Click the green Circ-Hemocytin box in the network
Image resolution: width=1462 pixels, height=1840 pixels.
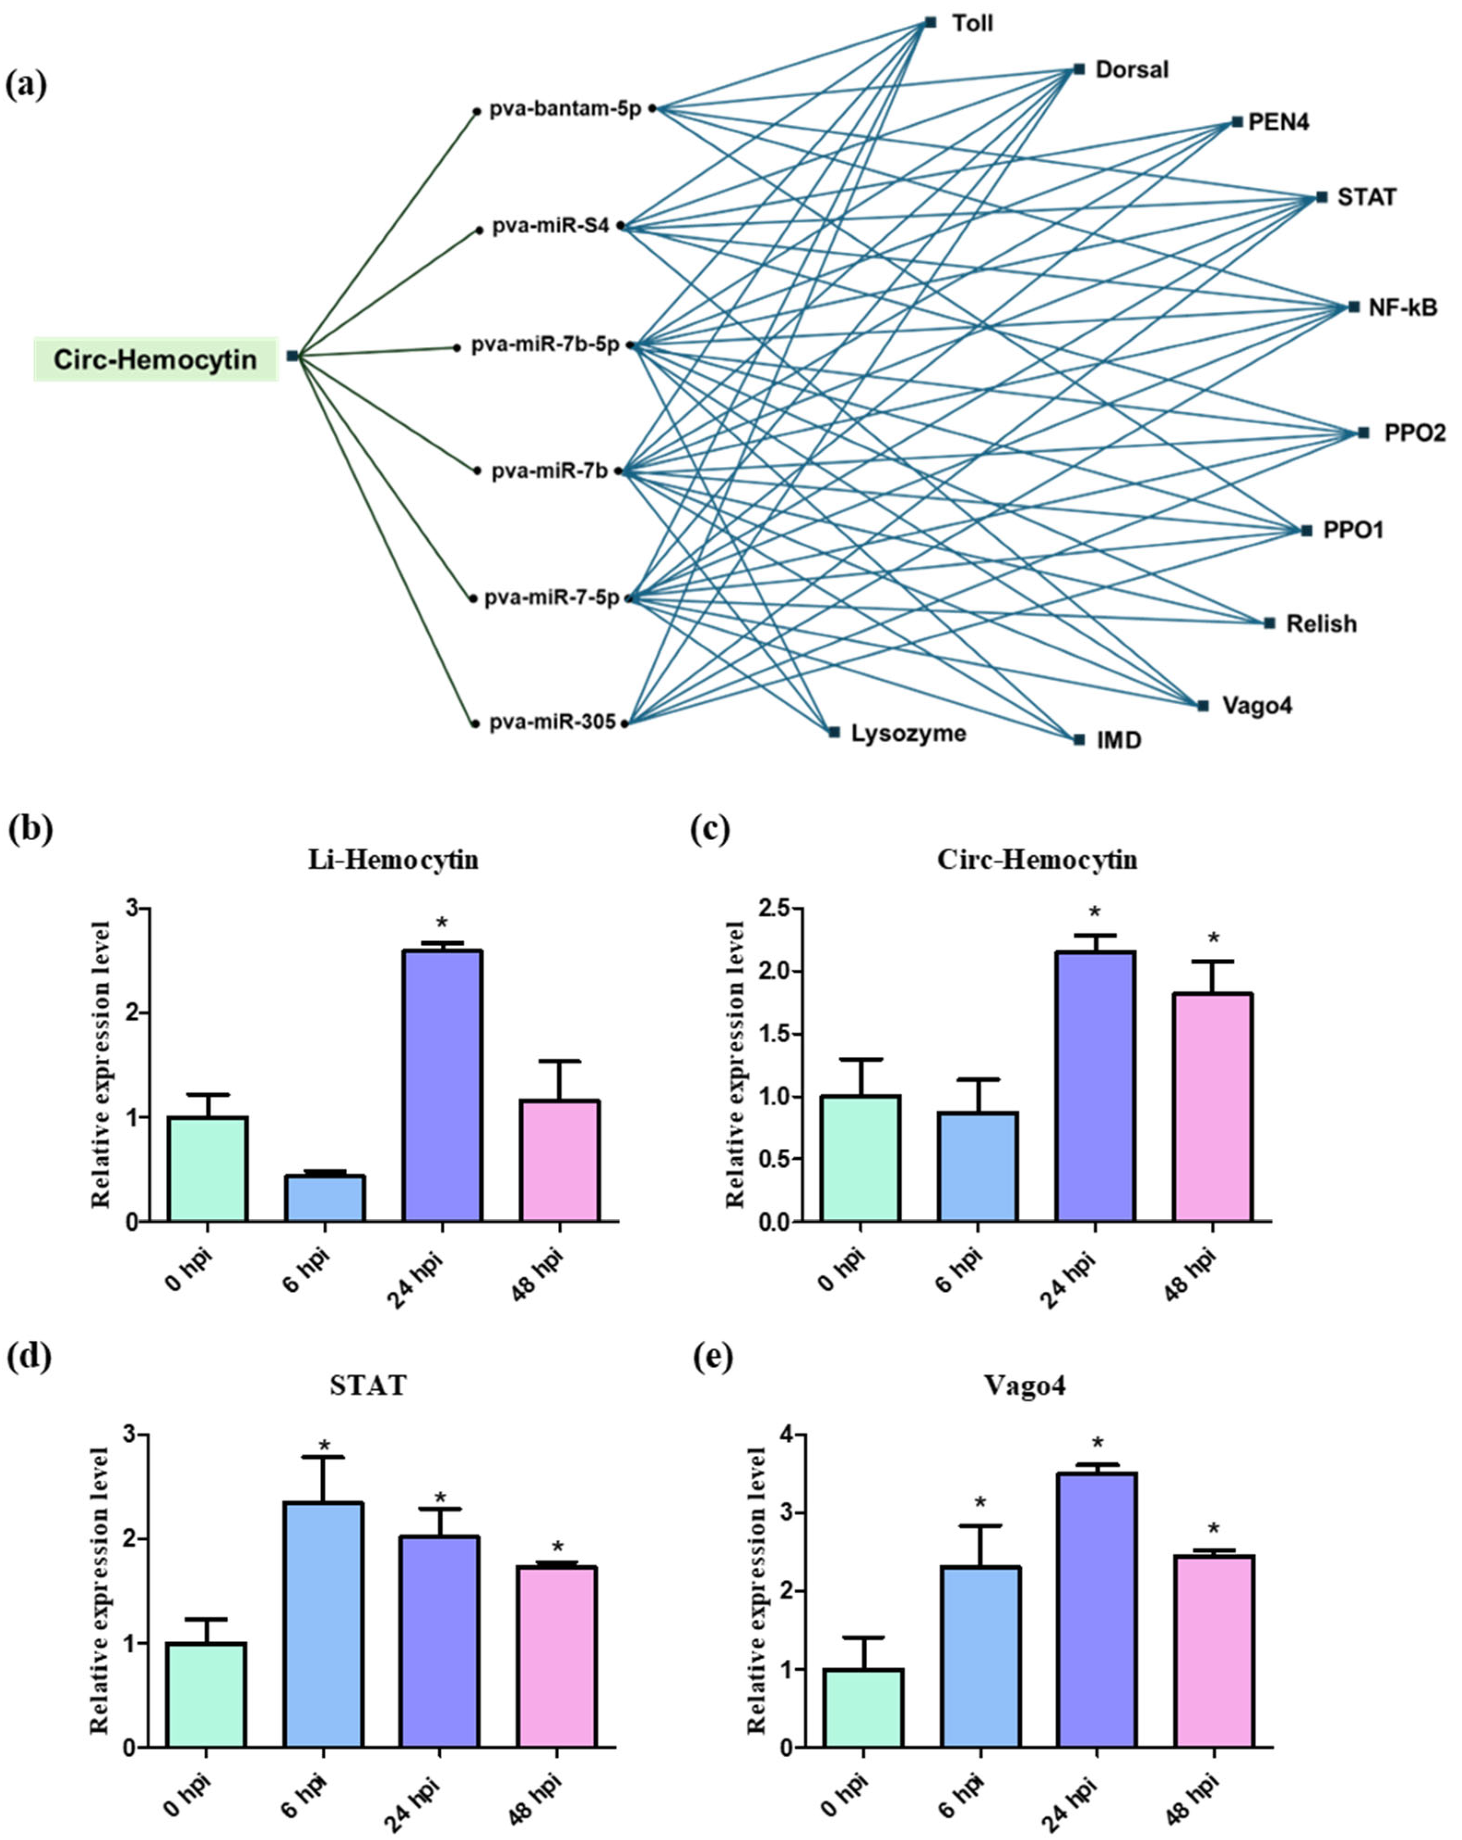tap(156, 359)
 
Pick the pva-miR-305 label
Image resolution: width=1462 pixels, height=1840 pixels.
tap(552, 723)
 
